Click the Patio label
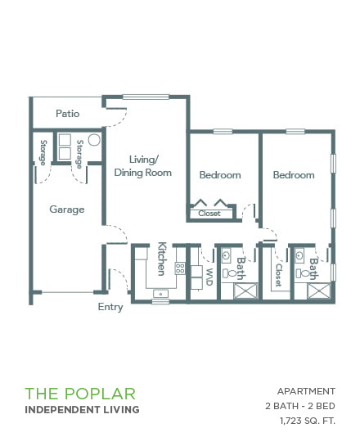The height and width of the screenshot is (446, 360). point(68,114)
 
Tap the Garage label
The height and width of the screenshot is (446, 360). point(67,209)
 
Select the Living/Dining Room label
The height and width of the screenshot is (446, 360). point(142,166)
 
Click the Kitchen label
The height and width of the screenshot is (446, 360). point(161,259)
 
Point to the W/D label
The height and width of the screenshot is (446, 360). point(209,277)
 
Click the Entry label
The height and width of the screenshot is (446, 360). point(110,307)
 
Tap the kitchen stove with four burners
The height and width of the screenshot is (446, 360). point(180,268)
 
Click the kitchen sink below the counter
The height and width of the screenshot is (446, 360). point(160,294)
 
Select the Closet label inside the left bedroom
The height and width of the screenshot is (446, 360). point(209,214)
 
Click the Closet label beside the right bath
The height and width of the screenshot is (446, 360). point(278,275)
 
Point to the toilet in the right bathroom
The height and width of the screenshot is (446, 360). point(302,273)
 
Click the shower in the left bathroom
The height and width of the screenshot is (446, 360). point(245,291)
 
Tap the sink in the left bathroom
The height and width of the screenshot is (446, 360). point(226,255)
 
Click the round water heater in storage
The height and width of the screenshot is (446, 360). point(94,140)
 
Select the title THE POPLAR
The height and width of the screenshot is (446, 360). point(80,394)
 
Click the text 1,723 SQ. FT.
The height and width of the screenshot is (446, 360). point(308,421)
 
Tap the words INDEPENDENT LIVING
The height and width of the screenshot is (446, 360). point(82,410)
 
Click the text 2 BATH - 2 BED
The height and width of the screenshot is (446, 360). point(300,406)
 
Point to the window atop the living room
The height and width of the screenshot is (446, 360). point(146,97)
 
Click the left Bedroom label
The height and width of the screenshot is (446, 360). point(220,174)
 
